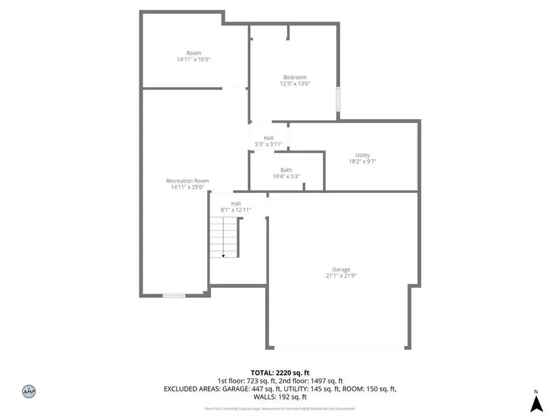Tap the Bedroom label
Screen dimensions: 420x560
tap(295, 77)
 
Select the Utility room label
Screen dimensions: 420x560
tap(363, 155)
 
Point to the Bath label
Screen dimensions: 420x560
tap(286, 170)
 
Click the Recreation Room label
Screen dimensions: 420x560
tap(187, 180)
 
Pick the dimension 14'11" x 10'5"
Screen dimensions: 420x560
tap(193, 60)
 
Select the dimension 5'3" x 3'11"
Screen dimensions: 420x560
tap(269, 144)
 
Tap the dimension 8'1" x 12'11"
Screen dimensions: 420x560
tap(236, 210)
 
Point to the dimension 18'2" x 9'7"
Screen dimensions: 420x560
tap(363, 161)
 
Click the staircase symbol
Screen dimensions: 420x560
tap(224, 234)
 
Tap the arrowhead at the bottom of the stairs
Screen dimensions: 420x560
tap(223, 255)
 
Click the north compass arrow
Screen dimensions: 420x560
tap(536, 404)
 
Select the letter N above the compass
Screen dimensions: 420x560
tap(536, 392)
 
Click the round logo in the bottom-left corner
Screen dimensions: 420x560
tap(28, 391)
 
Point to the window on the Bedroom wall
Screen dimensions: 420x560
tap(338, 100)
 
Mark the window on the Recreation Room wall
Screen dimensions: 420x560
tap(174, 296)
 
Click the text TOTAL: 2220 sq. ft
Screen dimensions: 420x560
tap(280, 371)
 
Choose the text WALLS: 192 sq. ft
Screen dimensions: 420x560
tap(280, 396)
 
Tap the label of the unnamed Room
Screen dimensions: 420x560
tap(194, 53)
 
